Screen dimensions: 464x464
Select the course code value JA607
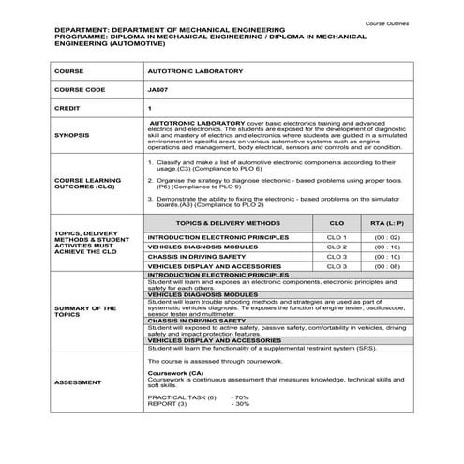tap(158, 89)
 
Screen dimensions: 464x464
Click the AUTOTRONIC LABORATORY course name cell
tap(183, 71)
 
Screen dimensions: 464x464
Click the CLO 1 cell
tap(337, 238)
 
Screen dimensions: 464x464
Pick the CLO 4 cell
tap(337, 266)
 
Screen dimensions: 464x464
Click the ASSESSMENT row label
tap(75, 383)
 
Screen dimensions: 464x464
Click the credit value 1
tap(150, 108)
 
